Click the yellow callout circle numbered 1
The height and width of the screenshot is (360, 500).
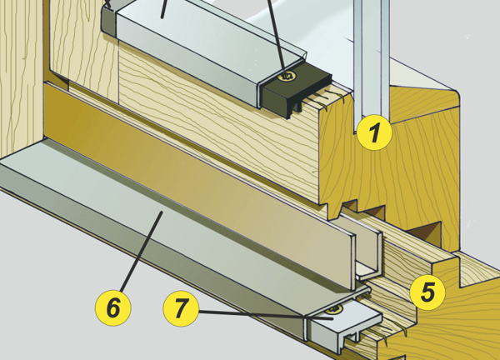(374, 132)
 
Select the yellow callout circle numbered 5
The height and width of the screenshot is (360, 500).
(427, 292)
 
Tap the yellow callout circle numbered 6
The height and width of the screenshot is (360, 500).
(113, 307)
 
